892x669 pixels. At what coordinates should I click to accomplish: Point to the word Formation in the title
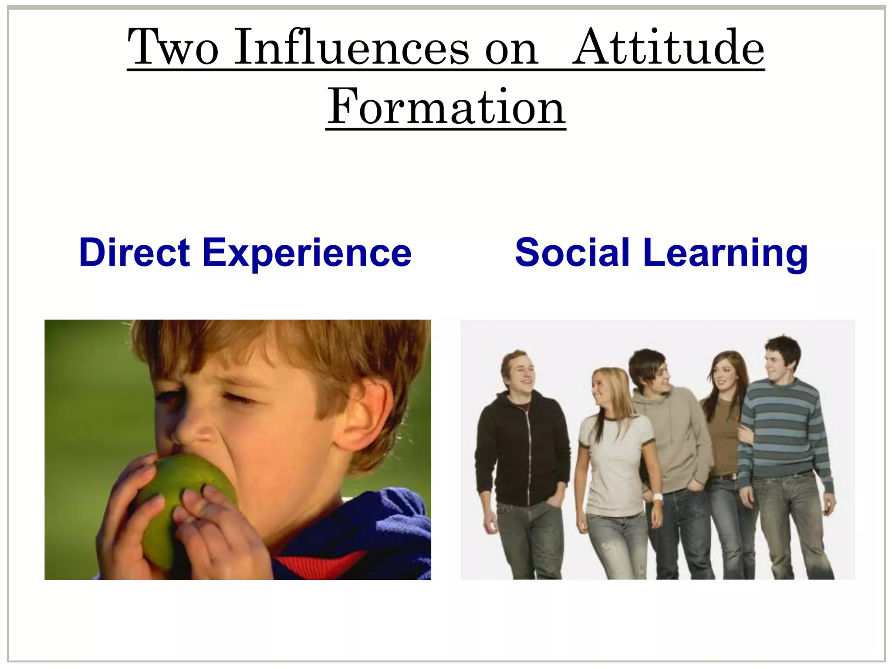(446, 106)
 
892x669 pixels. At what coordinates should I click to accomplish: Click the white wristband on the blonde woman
(657, 497)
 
